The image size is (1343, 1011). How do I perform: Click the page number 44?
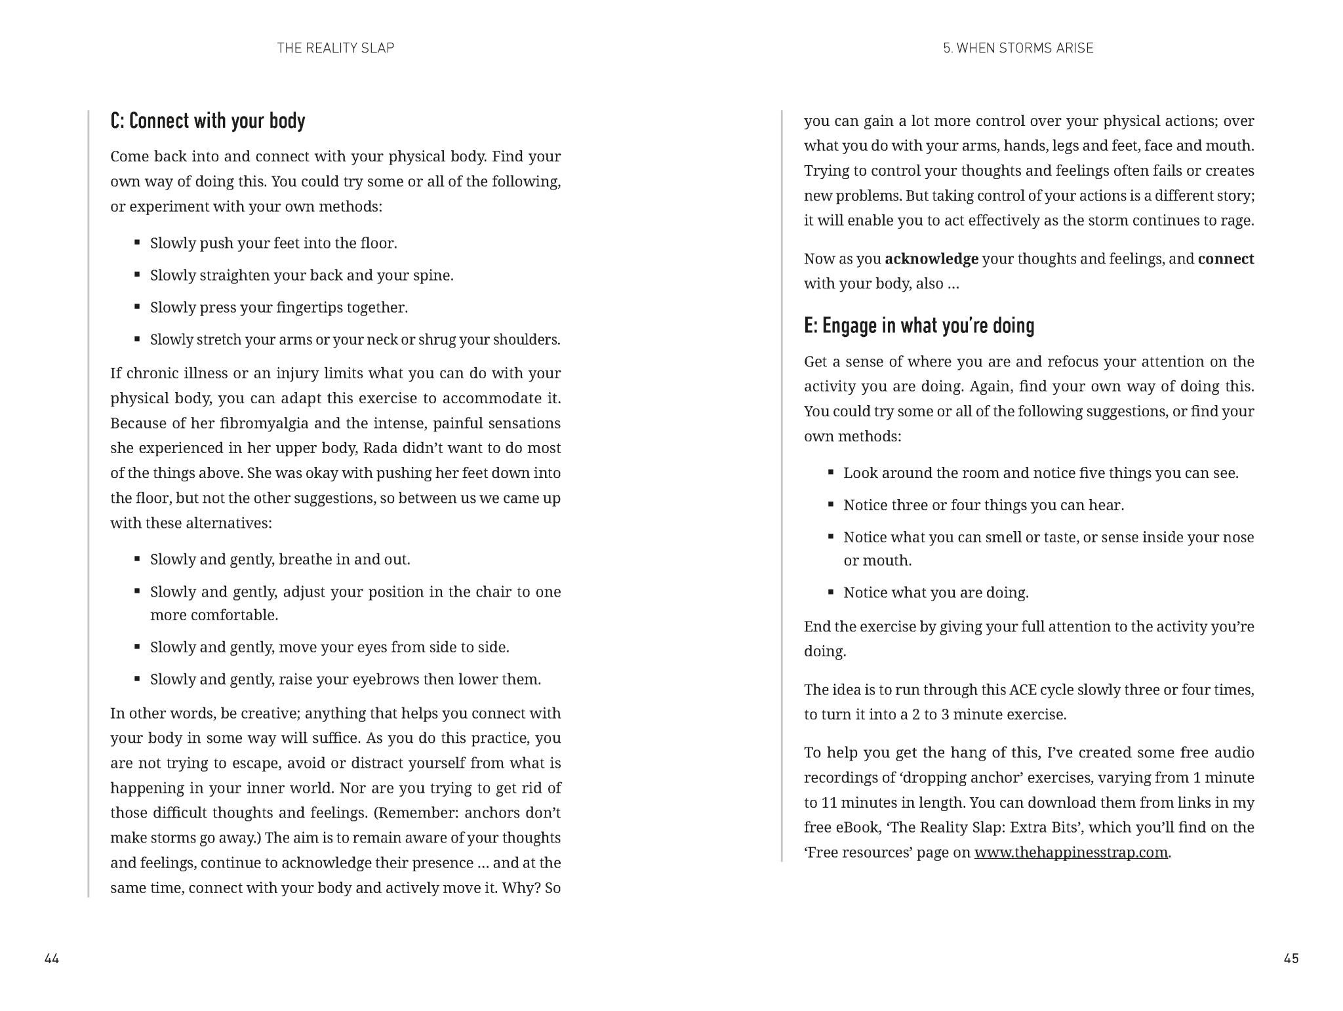tap(52, 959)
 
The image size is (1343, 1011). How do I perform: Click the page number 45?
tap(1291, 959)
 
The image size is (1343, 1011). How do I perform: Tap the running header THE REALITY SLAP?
tap(335, 48)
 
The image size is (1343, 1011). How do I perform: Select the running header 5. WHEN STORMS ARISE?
tap(1018, 48)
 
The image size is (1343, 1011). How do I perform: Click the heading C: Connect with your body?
tap(207, 121)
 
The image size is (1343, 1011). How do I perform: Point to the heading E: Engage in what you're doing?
tap(919, 326)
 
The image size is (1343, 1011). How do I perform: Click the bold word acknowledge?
tap(931, 259)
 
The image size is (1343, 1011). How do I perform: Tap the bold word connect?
tap(1225, 259)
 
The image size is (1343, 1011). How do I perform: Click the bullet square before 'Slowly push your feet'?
tap(137, 243)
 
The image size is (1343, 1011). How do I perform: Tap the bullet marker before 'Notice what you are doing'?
tap(831, 592)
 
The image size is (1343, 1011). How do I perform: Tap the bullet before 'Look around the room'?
tap(831, 472)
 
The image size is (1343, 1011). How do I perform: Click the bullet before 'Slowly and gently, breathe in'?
tap(137, 559)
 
